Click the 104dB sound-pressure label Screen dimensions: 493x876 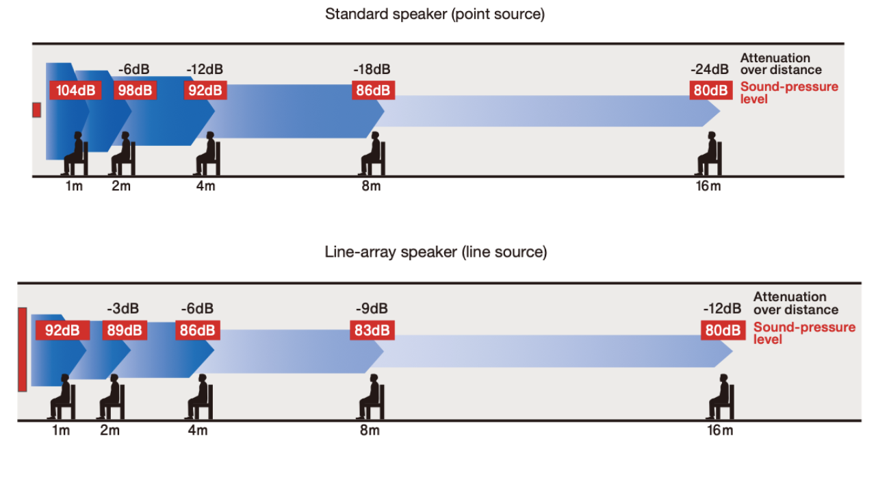[75, 90]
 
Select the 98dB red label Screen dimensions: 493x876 [136, 90]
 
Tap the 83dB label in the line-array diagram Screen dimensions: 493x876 [372, 330]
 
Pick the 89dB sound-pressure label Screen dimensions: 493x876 [125, 330]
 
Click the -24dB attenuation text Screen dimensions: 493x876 [710, 69]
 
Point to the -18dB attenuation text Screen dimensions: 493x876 [372, 69]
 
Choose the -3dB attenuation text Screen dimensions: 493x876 [124, 309]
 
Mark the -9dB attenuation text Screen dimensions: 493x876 [372, 309]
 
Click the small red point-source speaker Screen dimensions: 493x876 [37, 110]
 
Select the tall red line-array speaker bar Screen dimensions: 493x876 [23, 349]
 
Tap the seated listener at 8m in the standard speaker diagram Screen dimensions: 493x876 [372, 153]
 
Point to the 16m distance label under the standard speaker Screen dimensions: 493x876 [708, 186]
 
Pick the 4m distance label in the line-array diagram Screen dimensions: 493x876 [197, 431]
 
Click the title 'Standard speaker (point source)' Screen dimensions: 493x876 [435, 14]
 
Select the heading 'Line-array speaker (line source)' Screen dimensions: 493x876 [436, 252]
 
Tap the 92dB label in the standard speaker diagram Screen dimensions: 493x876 [205, 90]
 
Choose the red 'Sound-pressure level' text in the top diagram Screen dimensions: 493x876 [788, 93]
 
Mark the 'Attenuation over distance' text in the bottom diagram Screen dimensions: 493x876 [795, 303]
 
